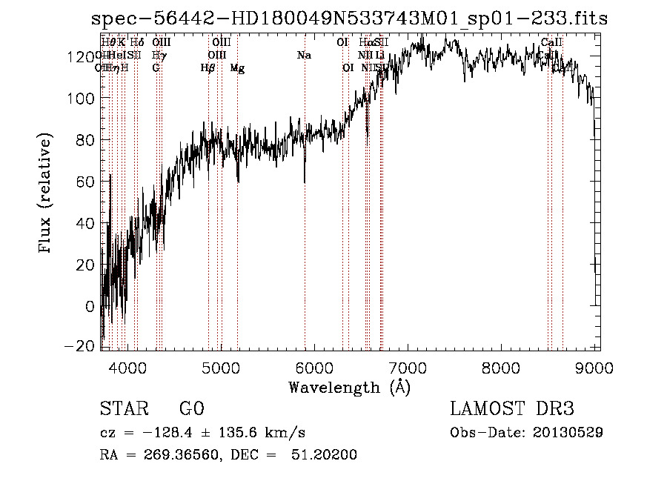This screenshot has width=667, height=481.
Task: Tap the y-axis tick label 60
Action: (x=86, y=182)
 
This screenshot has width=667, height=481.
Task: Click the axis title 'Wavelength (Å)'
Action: (x=349, y=387)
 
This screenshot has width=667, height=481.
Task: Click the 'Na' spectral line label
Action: (x=304, y=56)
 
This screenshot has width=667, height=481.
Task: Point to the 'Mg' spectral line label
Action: (x=237, y=68)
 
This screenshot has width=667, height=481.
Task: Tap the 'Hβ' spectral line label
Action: (x=208, y=68)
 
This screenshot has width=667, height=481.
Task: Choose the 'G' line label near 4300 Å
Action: (x=156, y=68)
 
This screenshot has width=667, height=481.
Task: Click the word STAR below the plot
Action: (x=123, y=409)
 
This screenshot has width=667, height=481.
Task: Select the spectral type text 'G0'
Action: (x=191, y=409)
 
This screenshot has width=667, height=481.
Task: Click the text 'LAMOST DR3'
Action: (x=512, y=409)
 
